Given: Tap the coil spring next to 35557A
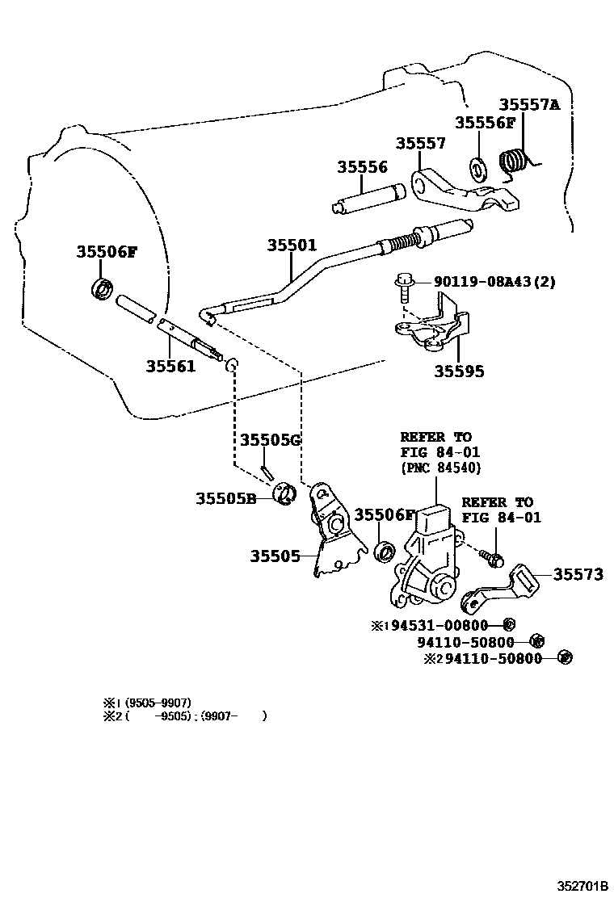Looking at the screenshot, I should [x=514, y=162].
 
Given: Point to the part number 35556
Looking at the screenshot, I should [x=362, y=167].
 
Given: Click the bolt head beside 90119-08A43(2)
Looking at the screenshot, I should [x=405, y=282].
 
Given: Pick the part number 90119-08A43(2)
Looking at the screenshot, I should [x=494, y=282].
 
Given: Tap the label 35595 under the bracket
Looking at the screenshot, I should [x=459, y=371].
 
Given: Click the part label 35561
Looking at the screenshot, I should [x=170, y=366].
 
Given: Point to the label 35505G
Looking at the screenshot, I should [x=270, y=440].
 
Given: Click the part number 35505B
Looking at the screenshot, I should [x=225, y=498].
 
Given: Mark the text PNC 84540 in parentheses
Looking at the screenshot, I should [x=440, y=468].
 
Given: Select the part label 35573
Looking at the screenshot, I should [x=578, y=574].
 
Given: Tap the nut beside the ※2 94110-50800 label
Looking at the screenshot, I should [x=565, y=657].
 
